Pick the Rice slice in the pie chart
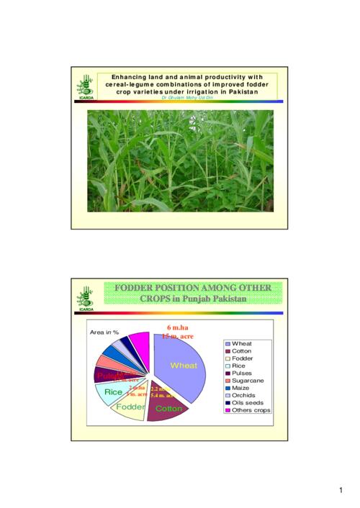pos(112,392)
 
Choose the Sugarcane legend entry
pos(247,381)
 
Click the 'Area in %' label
pos(104,332)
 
